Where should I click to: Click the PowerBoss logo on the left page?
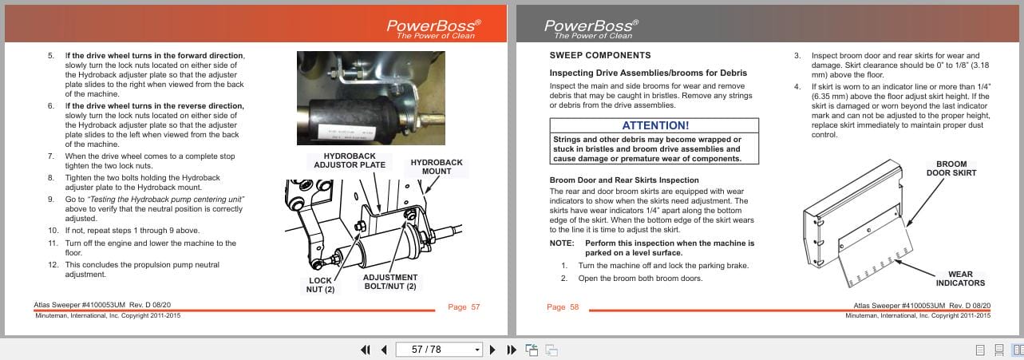pyautogui.click(x=430, y=28)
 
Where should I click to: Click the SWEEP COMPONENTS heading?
pyautogui.click(x=599, y=56)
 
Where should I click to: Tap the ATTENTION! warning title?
pyautogui.click(x=654, y=125)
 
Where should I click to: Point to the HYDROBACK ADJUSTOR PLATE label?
pyautogui.click(x=350, y=160)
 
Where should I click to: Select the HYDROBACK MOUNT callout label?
pyautogui.click(x=436, y=167)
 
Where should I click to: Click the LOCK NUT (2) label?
pyautogui.click(x=321, y=285)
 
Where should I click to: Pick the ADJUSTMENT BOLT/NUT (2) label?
pyautogui.click(x=389, y=282)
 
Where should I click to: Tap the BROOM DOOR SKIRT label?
pyautogui.click(x=951, y=168)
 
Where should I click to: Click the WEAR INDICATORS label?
pyautogui.click(x=959, y=279)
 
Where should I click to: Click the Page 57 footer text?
pyautogui.click(x=464, y=307)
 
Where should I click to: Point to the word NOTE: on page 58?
pyautogui.click(x=561, y=243)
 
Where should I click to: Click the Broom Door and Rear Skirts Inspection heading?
pyautogui.click(x=623, y=180)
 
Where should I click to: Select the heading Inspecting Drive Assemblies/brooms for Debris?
pyautogui.click(x=648, y=73)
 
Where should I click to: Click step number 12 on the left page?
pyautogui.click(x=53, y=265)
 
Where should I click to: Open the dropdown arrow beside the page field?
pyautogui.click(x=477, y=350)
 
